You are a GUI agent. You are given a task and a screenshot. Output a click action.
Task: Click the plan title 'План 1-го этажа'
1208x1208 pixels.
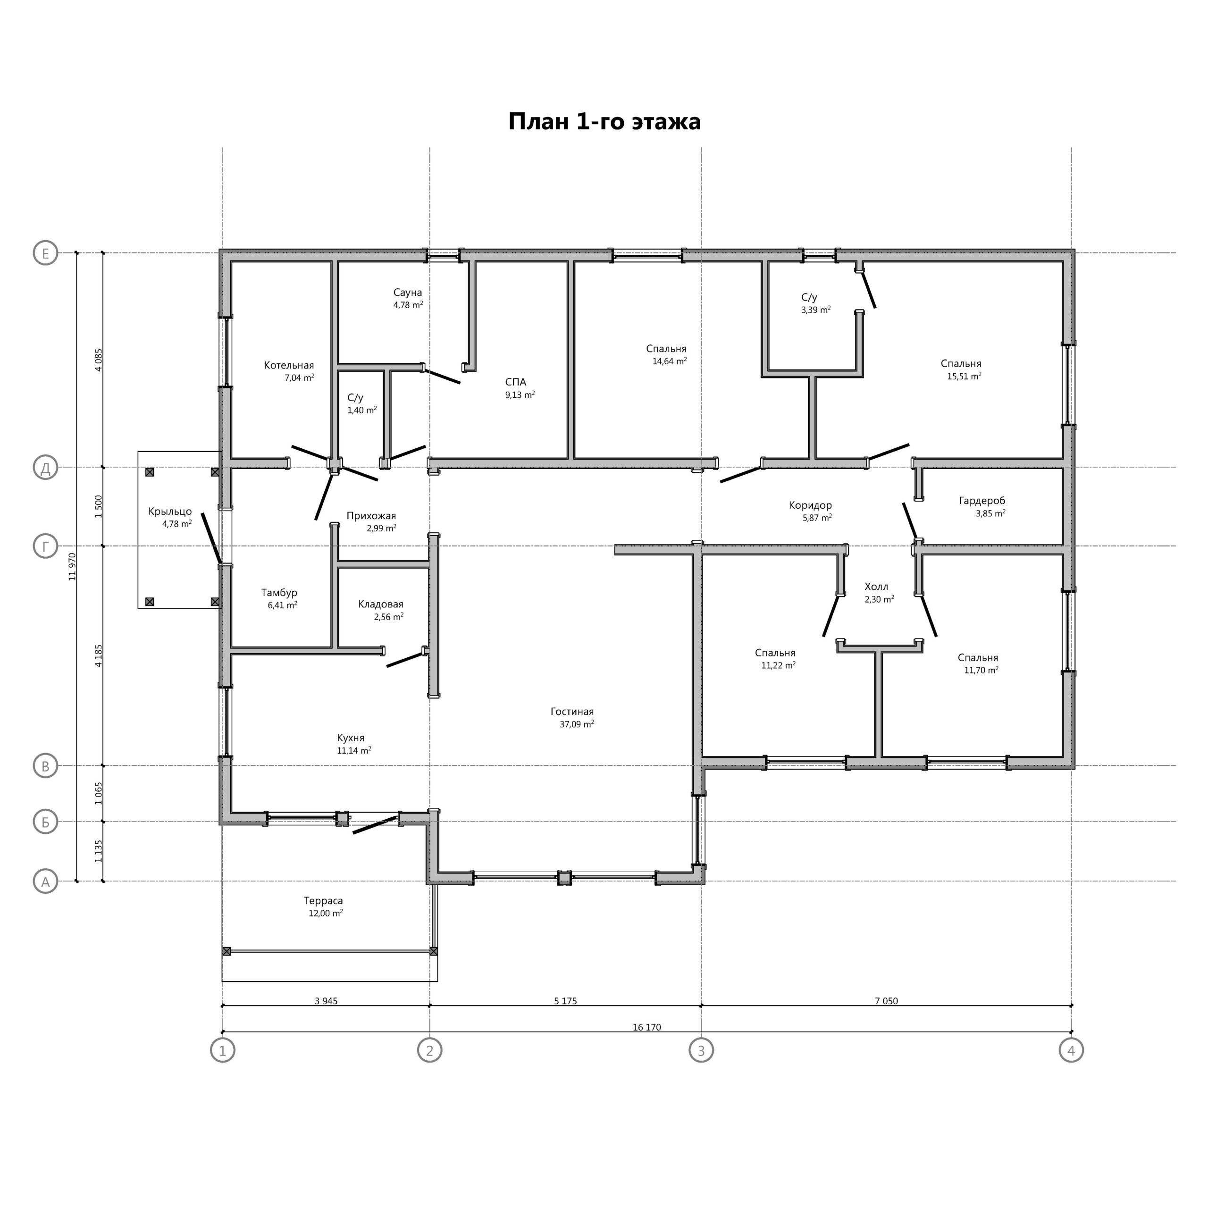[604, 121]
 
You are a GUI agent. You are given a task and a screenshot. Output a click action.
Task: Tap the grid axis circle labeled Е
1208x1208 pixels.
[45, 253]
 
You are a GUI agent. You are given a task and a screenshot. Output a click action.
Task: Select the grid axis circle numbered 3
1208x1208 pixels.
[701, 1050]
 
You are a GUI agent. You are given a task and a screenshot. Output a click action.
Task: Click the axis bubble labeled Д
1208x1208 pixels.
[45, 467]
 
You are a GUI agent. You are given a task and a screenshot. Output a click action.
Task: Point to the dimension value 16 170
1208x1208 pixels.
[646, 1027]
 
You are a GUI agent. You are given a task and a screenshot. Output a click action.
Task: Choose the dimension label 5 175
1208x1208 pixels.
[565, 1000]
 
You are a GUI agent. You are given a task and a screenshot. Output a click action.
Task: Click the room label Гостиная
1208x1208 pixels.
[572, 712]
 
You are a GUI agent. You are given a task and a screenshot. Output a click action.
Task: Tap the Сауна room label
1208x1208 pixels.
[408, 293]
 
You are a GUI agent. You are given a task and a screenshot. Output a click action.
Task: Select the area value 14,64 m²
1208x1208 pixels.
[670, 361]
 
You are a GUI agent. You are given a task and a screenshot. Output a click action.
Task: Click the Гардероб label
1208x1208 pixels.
[981, 501]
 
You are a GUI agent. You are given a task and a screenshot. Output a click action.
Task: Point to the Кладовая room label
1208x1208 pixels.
[381, 604]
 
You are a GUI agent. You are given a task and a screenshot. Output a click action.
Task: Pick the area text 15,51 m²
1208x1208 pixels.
[964, 376]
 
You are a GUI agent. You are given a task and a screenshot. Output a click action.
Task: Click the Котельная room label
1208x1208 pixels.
[289, 365]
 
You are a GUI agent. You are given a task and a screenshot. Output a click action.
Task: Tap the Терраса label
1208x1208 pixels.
[323, 900]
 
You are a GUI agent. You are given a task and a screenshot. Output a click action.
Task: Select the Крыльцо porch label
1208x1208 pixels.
[170, 512]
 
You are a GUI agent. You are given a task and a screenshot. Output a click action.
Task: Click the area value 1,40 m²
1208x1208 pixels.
[362, 410]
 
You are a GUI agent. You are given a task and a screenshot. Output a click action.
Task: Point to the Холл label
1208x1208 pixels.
[876, 587]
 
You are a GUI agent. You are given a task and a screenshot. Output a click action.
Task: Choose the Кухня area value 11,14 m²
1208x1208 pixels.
[354, 750]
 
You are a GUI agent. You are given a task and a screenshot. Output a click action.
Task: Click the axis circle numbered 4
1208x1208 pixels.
[1071, 1050]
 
